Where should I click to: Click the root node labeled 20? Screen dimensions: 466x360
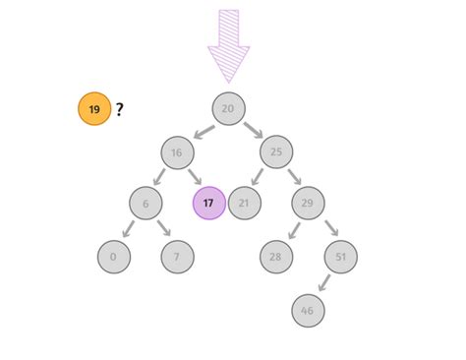coord(228,108)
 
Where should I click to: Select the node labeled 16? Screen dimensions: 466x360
coord(177,153)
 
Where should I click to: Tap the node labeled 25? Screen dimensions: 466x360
coord(276,153)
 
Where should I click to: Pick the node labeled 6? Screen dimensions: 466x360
coord(146,204)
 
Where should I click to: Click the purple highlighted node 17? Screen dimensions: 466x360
coord(208,204)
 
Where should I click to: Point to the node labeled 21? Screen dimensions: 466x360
coord(244,204)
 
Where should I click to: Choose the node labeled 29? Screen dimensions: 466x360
coord(308,204)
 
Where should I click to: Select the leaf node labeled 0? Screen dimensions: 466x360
coord(114,257)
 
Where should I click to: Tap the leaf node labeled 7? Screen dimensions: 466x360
coord(177,257)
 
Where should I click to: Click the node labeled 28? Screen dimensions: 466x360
coord(276,257)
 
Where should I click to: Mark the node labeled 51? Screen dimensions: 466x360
coord(340,257)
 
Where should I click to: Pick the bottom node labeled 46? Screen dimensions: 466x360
coord(308,310)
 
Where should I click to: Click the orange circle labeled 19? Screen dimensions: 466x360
coord(94,109)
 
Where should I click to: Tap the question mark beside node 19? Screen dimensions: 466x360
coord(119,109)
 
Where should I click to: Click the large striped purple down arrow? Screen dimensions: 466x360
coord(228,45)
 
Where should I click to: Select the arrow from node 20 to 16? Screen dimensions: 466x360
coord(204,130)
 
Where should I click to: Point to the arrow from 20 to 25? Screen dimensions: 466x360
coord(253,130)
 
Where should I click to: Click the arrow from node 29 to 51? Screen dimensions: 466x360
coord(324,230)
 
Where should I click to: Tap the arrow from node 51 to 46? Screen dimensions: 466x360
coord(323,283)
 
